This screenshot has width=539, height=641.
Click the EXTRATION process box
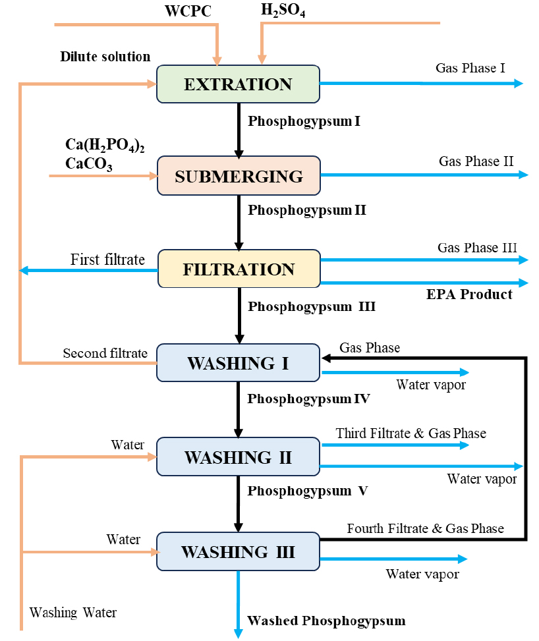coord(238,84)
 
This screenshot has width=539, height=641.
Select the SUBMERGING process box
coord(239,176)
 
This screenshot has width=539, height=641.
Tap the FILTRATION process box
coord(239,269)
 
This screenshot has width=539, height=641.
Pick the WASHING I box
coord(238,363)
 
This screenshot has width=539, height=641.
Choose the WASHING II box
coord(238,457)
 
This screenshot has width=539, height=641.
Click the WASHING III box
coord(238,551)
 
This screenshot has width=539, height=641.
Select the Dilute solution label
coord(105,57)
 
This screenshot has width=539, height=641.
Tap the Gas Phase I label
coord(470,67)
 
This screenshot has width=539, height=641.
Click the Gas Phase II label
coord(476,161)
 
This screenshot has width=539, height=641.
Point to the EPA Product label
coord(469,294)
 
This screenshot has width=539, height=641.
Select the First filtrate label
coord(107,260)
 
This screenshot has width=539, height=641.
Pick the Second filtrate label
coord(105,353)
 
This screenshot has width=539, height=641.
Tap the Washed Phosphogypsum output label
coord(326,621)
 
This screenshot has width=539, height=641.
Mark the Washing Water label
coord(73,613)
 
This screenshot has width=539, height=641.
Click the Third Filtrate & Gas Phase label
coord(411,433)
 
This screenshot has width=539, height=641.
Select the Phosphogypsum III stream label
coord(312,306)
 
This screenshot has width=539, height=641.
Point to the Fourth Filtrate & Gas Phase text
coord(426,528)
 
